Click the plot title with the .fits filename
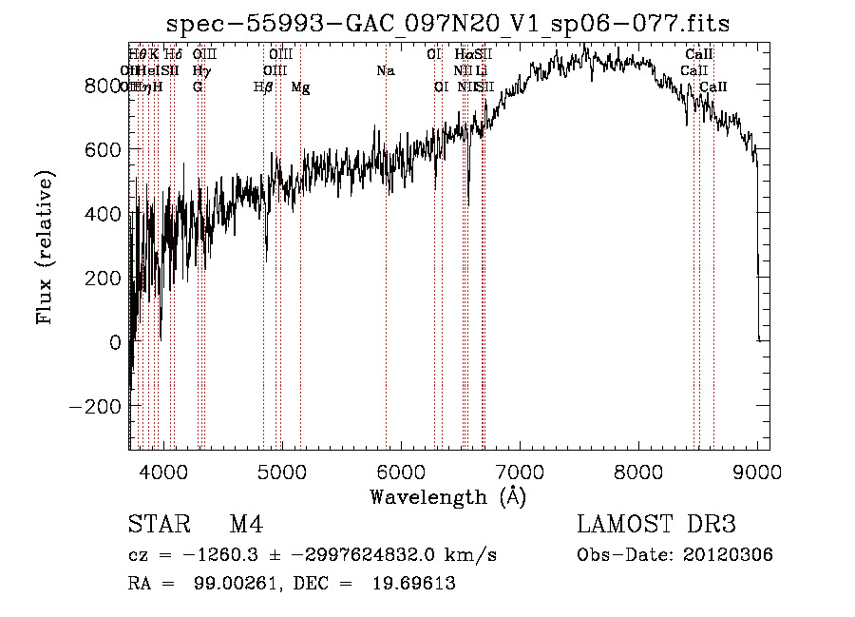447,24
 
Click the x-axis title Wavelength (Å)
447,496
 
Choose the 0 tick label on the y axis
116,341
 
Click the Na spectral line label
386,70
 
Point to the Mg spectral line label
300,87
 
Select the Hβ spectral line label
263,87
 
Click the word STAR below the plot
158,526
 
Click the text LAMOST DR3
655,526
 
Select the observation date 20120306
729,555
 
